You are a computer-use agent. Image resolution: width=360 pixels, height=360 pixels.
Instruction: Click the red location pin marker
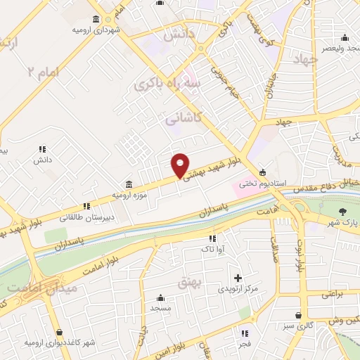tap(180, 165)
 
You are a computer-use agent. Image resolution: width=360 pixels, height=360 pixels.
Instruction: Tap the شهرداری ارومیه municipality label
tap(95, 31)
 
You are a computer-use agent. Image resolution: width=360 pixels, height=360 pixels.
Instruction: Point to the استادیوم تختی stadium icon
tap(263, 172)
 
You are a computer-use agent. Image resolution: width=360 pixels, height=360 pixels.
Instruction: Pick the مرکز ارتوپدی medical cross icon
tap(238, 278)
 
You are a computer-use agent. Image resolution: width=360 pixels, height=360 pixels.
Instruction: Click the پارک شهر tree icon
tap(343, 212)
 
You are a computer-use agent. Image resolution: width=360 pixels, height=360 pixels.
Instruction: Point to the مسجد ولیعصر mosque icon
tap(344, 38)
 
